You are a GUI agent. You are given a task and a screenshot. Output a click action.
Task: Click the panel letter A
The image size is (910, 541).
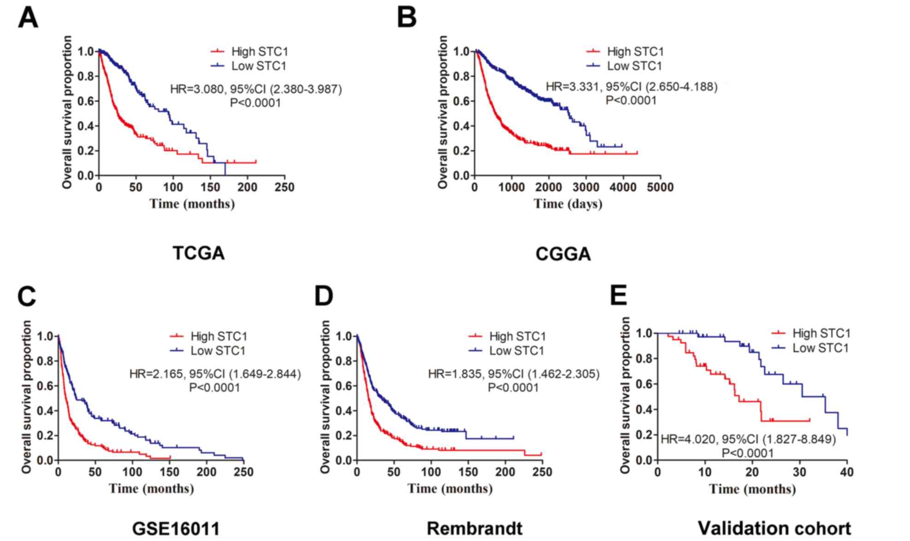tap(28, 18)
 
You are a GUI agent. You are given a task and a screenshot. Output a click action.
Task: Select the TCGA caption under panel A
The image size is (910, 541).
tap(199, 253)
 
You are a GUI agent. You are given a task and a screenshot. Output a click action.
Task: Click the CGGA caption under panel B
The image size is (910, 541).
tap(563, 254)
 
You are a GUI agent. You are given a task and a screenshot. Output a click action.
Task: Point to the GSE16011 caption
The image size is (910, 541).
tap(176, 528)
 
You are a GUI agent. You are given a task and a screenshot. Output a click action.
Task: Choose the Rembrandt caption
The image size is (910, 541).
tap(474, 528)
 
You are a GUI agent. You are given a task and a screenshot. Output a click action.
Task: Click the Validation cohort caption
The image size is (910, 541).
tap(774, 528)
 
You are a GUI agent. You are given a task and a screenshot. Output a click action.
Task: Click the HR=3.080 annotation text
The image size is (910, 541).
tap(256, 89)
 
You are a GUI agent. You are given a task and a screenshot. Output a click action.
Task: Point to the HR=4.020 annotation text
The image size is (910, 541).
tap(748, 439)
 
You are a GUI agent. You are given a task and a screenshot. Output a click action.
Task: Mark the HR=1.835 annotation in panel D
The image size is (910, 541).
tap(514, 374)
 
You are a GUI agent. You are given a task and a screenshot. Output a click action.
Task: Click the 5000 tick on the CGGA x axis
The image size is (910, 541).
tap(660, 188)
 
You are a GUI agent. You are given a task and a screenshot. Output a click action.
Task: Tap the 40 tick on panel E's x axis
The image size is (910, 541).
tap(847, 472)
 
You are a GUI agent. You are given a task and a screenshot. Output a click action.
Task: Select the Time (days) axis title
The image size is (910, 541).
tap(568, 204)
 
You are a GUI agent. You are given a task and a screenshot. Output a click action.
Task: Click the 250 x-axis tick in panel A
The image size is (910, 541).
tap(284, 188)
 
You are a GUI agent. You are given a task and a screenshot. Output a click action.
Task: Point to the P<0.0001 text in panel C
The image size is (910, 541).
tap(214, 388)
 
